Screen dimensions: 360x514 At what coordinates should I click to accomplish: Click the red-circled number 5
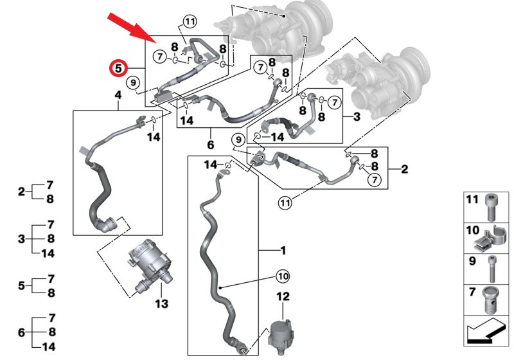coord(118,67)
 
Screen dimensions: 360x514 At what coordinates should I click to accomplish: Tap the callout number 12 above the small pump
coord(283,296)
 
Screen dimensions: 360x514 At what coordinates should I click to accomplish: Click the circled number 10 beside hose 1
coord(283,276)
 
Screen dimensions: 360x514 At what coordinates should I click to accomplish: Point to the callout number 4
coord(118,96)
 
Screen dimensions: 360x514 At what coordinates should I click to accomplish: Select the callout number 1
coord(283,250)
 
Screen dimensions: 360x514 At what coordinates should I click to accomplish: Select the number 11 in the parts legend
coord(472,201)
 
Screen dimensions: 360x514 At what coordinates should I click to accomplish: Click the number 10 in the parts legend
coord(472,230)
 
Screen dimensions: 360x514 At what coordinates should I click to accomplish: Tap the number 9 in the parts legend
coord(472,262)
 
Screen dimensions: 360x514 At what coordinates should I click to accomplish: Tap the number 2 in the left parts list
coord(21,192)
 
